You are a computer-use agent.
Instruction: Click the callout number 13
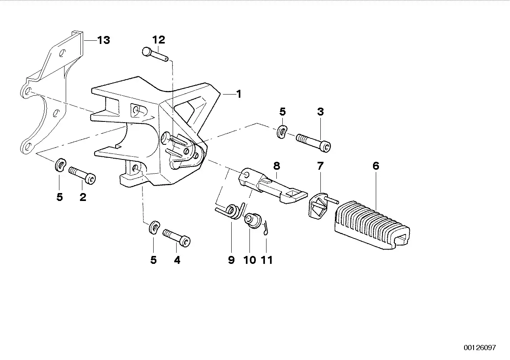click(x=103, y=40)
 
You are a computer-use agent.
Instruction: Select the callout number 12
click(x=158, y=40)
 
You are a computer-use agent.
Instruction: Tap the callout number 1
click(x=238, y=94)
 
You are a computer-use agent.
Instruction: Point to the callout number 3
click(x=320, y=112)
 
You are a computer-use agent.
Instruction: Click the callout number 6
click(x=375, y=166)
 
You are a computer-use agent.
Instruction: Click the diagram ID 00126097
click(x=480, y=348)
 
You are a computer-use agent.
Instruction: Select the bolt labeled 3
click(x=314, y=142)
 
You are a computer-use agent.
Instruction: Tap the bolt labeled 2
click(x=83, y=175)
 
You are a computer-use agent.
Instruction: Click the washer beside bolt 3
click(x=282, y=132)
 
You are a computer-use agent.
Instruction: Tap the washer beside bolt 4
click(x=154, y=228)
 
